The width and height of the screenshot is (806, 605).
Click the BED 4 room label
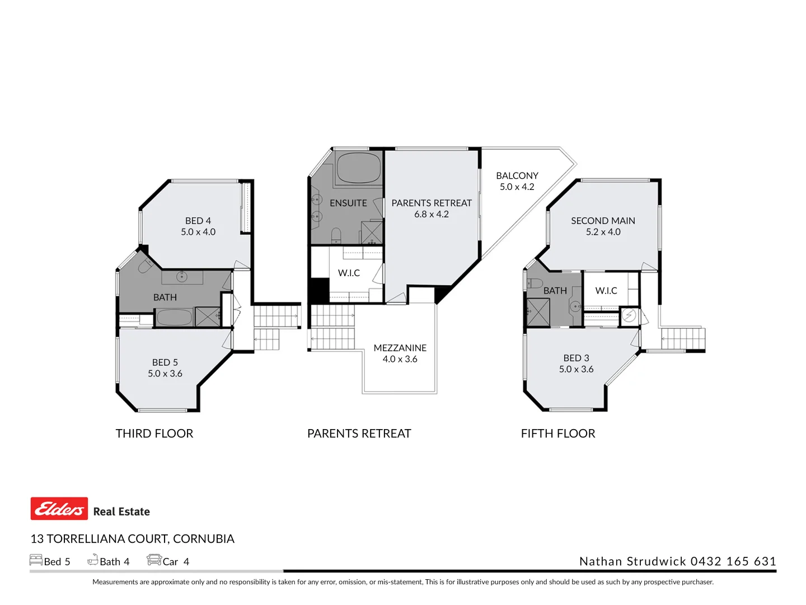[198, 226]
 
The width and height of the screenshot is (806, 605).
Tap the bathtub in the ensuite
[359, 167]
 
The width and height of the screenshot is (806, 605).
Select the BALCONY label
[517, 181]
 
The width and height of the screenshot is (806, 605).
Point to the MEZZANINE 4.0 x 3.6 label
[400, 353]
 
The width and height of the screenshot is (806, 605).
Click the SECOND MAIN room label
[603, 226]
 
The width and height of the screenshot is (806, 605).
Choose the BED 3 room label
[576, 364]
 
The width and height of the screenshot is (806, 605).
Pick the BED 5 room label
[165, 368]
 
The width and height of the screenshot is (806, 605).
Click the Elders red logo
[59, 509]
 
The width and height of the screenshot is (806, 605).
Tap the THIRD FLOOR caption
[154, 434]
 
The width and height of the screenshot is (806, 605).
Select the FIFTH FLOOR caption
[558, 434]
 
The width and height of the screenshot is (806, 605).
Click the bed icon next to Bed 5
[36, 560]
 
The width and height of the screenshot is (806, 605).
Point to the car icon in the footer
[154, 560]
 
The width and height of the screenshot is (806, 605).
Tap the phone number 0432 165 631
[733, 561]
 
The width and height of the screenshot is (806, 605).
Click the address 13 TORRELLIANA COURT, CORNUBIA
[132, 539]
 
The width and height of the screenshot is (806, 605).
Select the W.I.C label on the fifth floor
[606, 291]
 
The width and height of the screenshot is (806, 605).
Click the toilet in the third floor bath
[145, 266]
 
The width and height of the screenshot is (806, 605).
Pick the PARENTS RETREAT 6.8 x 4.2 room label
[432, 208]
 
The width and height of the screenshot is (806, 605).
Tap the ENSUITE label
[348, 203]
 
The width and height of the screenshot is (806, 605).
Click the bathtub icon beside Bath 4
[93, 560]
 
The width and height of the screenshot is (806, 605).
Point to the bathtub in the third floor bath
[174, 318]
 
